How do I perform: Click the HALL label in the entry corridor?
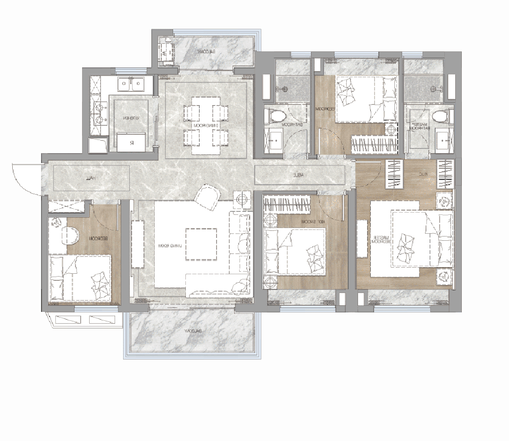point(91,178)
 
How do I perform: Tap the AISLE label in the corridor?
point(298,175)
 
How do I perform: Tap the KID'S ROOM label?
point(307,221)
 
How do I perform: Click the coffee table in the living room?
point(201,244)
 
